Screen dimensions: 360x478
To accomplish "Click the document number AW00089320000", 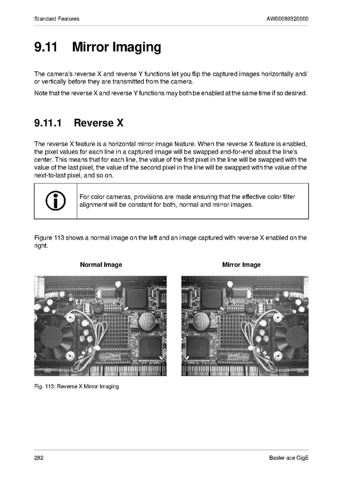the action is tap(287, 19).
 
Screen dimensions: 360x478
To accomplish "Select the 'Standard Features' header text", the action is tap(57, 19).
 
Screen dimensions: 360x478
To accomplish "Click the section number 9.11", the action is tap(46, 47).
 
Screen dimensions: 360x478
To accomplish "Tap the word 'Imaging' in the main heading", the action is tap(137, 47).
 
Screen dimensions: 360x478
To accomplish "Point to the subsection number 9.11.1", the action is tap(48, 123).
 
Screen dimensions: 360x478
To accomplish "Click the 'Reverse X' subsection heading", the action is tap(98, 123).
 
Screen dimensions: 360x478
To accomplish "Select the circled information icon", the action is tap(55, 201).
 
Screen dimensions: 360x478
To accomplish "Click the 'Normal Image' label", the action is tap(101, 265).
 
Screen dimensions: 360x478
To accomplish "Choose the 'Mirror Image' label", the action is tap(241, 265).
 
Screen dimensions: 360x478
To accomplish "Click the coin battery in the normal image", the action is tap(147, 321).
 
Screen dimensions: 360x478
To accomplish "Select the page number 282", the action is tap(39, 458).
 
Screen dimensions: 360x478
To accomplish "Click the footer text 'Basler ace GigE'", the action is tap(289, 458).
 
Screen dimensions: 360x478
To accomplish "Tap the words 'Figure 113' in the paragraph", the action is tap(49, 238).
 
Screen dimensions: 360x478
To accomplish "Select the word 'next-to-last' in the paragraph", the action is tap(50, 175).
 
